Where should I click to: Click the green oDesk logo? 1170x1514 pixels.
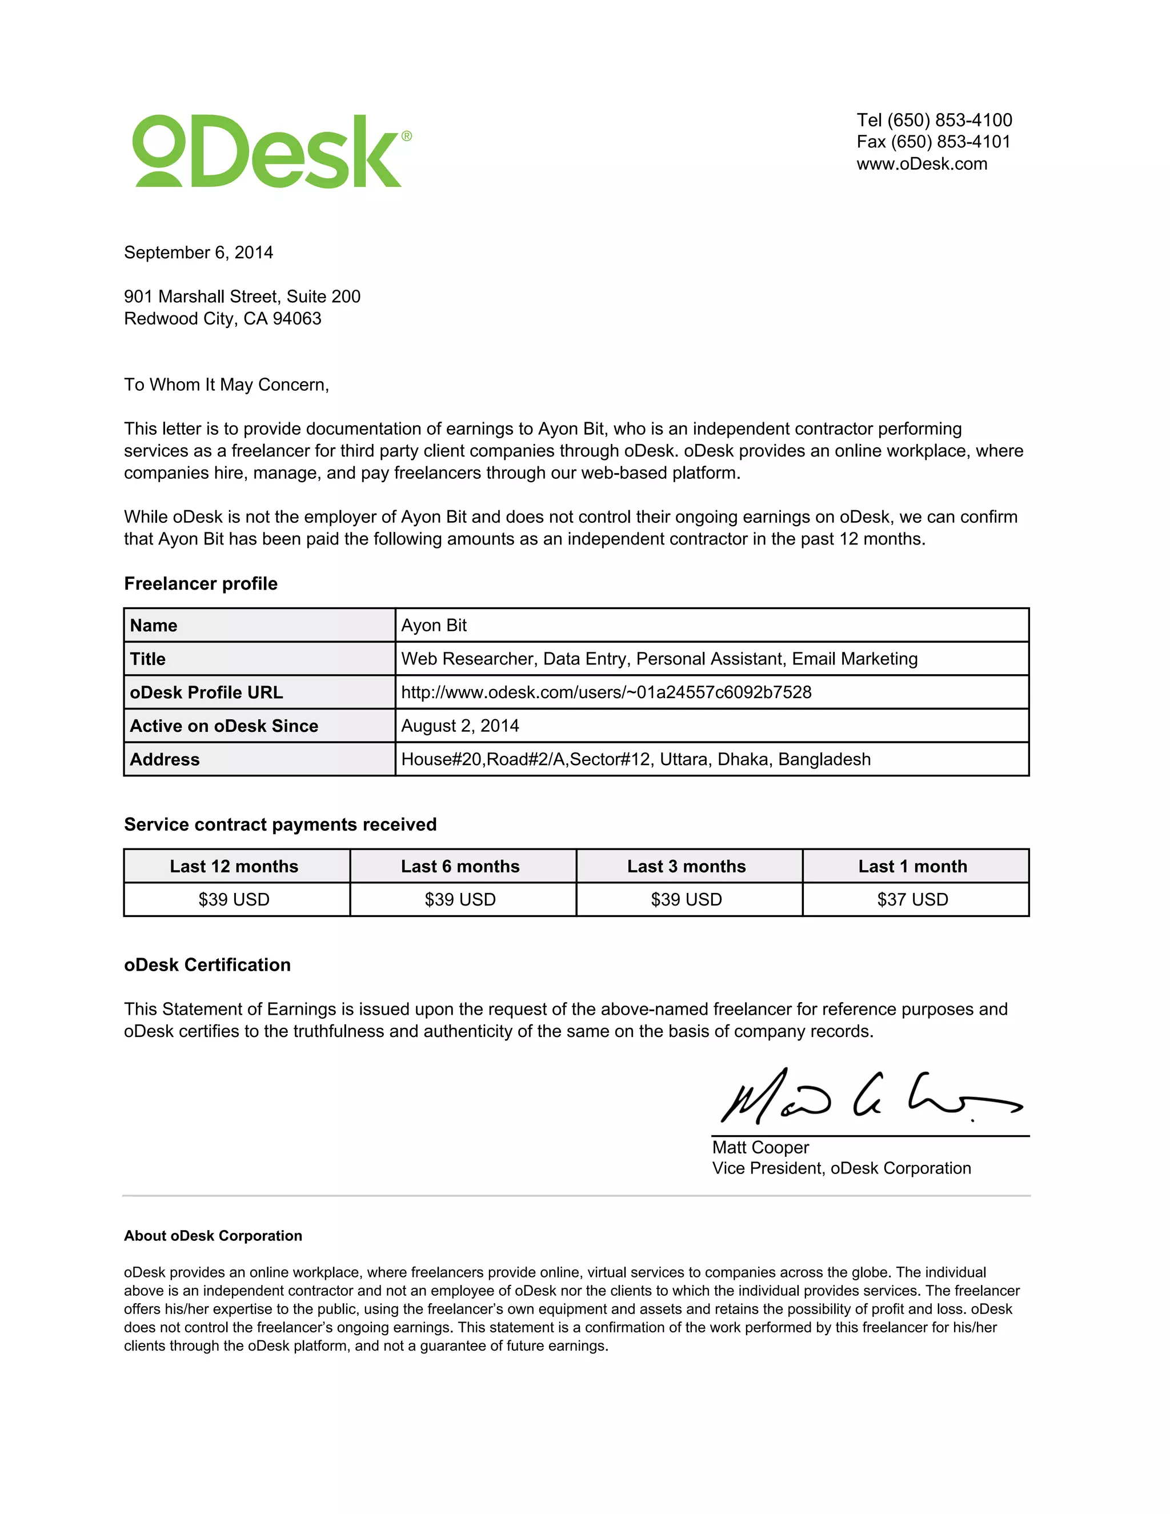270,151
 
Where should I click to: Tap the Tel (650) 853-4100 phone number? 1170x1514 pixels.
933,120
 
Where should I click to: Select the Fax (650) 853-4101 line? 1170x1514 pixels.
933,142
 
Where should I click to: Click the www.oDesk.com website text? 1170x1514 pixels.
921,165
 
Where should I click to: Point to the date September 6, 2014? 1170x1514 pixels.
198,253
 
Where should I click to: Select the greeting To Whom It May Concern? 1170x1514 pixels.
226,384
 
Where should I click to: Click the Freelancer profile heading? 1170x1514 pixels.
201,584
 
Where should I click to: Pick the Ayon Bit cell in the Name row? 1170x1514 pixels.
434,625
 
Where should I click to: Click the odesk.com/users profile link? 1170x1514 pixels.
606,692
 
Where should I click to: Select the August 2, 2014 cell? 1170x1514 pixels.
459,726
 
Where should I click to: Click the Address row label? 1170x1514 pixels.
165,760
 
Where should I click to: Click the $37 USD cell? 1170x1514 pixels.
912,900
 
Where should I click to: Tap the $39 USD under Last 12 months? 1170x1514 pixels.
234,900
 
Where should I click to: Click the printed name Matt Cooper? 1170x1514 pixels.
760,1147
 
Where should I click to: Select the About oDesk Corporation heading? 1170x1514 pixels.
213,1236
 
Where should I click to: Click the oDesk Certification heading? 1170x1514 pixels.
207,965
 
